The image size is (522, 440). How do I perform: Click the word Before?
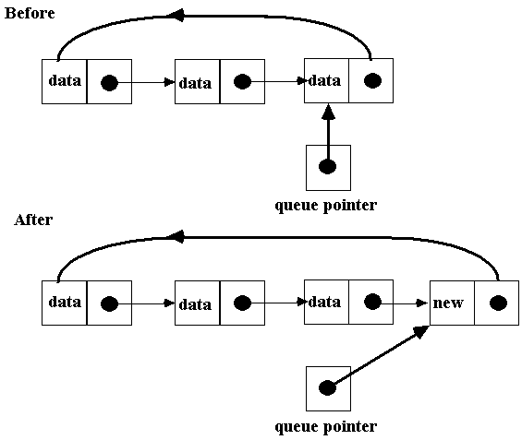pos(30,13)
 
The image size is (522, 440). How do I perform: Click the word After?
pos(33,220)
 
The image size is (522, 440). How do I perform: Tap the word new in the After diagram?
pos(448,303)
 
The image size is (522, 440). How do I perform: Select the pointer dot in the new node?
pos(498,303)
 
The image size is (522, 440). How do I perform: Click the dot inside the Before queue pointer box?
pos(327,166)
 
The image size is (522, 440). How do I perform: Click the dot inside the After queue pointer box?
pos(327,387)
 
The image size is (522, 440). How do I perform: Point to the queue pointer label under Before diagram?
pos(326,206)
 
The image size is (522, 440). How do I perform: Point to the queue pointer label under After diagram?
pos(326,427)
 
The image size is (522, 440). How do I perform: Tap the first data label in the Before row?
pos(65,80)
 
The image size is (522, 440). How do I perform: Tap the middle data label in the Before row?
pos(195,83)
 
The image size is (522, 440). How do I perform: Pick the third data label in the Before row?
pos(324,80)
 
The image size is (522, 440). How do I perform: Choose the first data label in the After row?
pos(65,302)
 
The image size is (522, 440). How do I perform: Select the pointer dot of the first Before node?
pos(109,82)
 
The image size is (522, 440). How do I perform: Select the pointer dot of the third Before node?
pos(372,80)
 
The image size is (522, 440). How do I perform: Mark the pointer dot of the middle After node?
pos(242,303)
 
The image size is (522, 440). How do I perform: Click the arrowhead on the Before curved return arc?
pos(175,16)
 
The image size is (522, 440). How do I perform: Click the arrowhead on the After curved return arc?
pos(175,237)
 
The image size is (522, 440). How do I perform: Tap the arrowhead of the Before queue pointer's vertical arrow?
pos(329,112)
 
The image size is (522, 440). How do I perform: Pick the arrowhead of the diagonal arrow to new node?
pos(421,332)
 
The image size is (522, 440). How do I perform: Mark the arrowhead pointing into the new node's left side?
pos(422,303)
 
